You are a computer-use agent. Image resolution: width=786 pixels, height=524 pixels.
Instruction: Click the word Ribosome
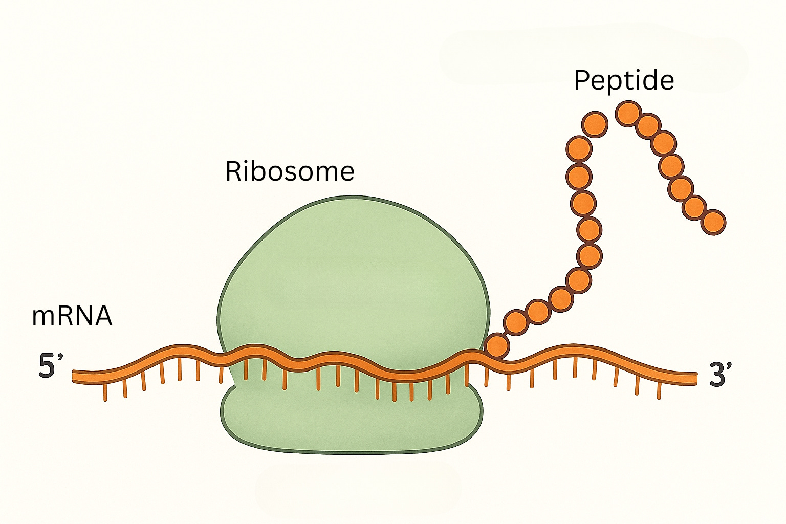[x=290, y=171]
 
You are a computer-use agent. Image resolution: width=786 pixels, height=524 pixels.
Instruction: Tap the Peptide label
[x=624, y=80]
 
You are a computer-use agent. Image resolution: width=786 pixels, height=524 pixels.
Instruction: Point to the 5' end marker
[x=51, y=366]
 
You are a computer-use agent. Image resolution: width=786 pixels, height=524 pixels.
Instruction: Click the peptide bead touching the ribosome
[x=497, y=345]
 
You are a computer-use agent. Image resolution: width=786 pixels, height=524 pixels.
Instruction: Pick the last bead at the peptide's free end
[x=713, y=222]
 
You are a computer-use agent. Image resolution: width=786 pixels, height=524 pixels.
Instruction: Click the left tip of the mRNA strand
[x=75, y=376]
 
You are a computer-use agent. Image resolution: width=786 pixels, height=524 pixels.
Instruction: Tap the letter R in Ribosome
[x=233, y=171]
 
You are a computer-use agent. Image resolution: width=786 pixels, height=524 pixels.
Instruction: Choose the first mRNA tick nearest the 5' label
[x=105, y=391]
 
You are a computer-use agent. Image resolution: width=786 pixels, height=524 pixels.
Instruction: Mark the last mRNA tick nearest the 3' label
[x=659, y=390]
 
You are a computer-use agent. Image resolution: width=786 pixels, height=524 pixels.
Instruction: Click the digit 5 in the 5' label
[x=47, y=366]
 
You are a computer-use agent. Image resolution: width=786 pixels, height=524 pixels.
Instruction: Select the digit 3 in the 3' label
[x=717, y=375]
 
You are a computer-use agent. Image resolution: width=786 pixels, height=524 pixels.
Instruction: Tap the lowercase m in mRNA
[x=42, y=317]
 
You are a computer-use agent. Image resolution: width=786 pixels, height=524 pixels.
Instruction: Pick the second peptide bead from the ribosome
[x=515, y=322]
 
